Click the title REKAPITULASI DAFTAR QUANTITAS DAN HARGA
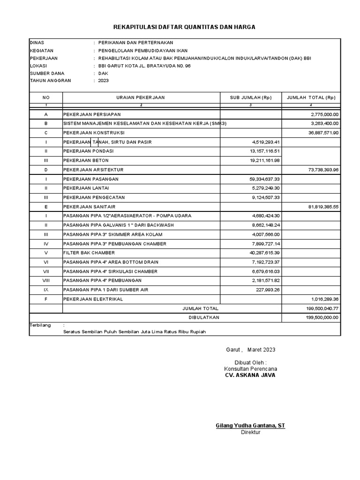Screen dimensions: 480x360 pos(185,28)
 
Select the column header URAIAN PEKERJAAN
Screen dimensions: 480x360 pos(141,97)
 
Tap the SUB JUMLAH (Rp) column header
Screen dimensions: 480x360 pos(250,97)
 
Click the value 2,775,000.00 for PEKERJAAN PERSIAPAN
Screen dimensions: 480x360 pos(325,114)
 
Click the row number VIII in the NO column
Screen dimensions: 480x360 pos(46,280)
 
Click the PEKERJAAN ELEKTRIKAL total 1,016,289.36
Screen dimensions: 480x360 pos(325,299)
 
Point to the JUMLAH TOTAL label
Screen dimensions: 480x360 pos(200,308)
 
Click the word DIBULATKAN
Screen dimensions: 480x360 pos(203,317)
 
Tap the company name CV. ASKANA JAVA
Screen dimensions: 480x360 pos(250,375)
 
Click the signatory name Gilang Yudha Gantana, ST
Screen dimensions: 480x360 pos(250,426)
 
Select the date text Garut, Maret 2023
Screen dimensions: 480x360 pos(248,350)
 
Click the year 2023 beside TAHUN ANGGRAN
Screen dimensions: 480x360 pos(103,81)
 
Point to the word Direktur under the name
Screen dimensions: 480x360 pos(250,432)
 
